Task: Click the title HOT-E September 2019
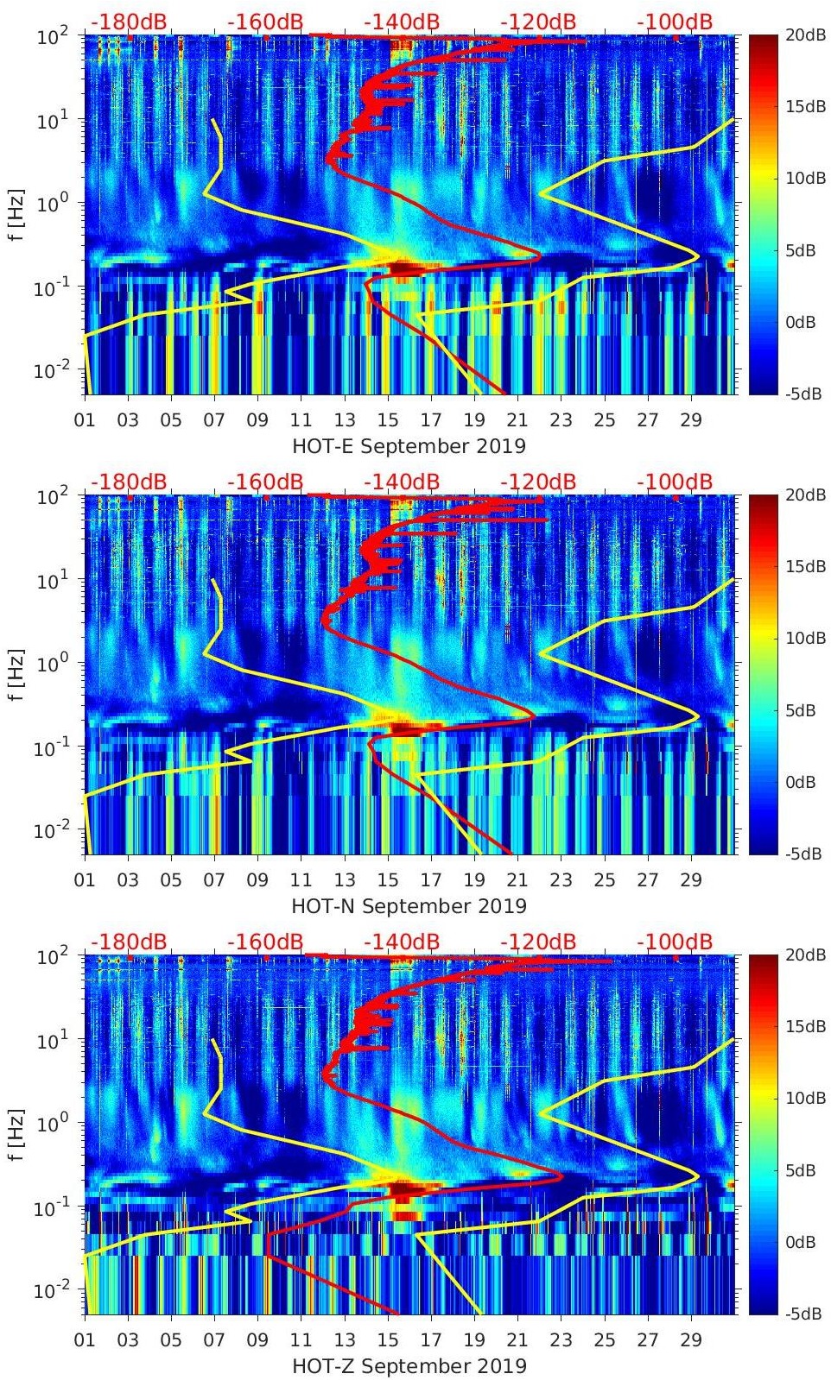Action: pyautogui.click(x=409, y=446)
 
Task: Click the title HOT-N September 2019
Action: pyautogui.click(x=409, y=906)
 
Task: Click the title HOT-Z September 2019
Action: pyautogui.click(x=409, y=1366)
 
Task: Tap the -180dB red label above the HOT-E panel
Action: pyautogui.click(x=129, y=22)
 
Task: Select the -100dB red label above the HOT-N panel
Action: pyautogui.click(x=675, y=482)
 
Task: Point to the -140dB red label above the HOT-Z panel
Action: pyautogui.click(x=402, y=942)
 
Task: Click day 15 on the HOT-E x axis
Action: pyautogui.click(x=388, y=420)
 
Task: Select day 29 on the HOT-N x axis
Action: pyautogui.click(x=691, y=880)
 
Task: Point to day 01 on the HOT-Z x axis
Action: pyautogui.click(x=85, y=1340)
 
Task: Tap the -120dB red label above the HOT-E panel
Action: pyautogui.click(x=538, y=22)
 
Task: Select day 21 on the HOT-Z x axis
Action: pyautogui.click(x=517, y=1340)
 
